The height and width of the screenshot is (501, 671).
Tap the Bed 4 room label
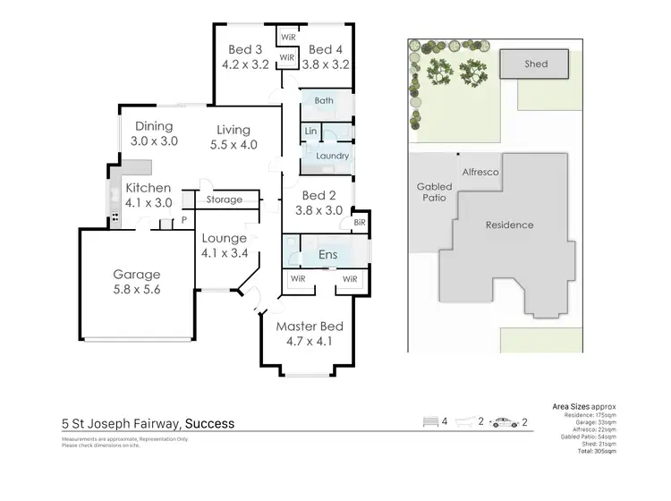pos(326,49)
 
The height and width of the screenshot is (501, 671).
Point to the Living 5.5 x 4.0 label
pos(233,137)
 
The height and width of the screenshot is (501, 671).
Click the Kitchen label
pos(148,188)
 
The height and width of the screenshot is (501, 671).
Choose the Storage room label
pos(225,200)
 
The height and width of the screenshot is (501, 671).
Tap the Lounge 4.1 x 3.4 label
pos(224,245)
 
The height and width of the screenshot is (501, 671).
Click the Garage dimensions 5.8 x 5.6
pos(136,291)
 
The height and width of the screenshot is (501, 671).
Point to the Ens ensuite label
pos(327,256)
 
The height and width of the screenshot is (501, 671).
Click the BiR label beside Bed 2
pos(360,222)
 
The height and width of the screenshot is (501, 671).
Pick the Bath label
pos(324,101)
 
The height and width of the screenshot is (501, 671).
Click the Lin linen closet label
pos(310,132)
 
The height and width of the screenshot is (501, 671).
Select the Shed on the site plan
pos(536,64)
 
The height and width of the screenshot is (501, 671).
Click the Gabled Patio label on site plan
pos(435,192)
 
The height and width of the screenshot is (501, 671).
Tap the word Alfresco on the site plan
pos(480,170)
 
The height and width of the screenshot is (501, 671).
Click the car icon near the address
pos(505,422)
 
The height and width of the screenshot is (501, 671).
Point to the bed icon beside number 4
pos(434,422)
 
